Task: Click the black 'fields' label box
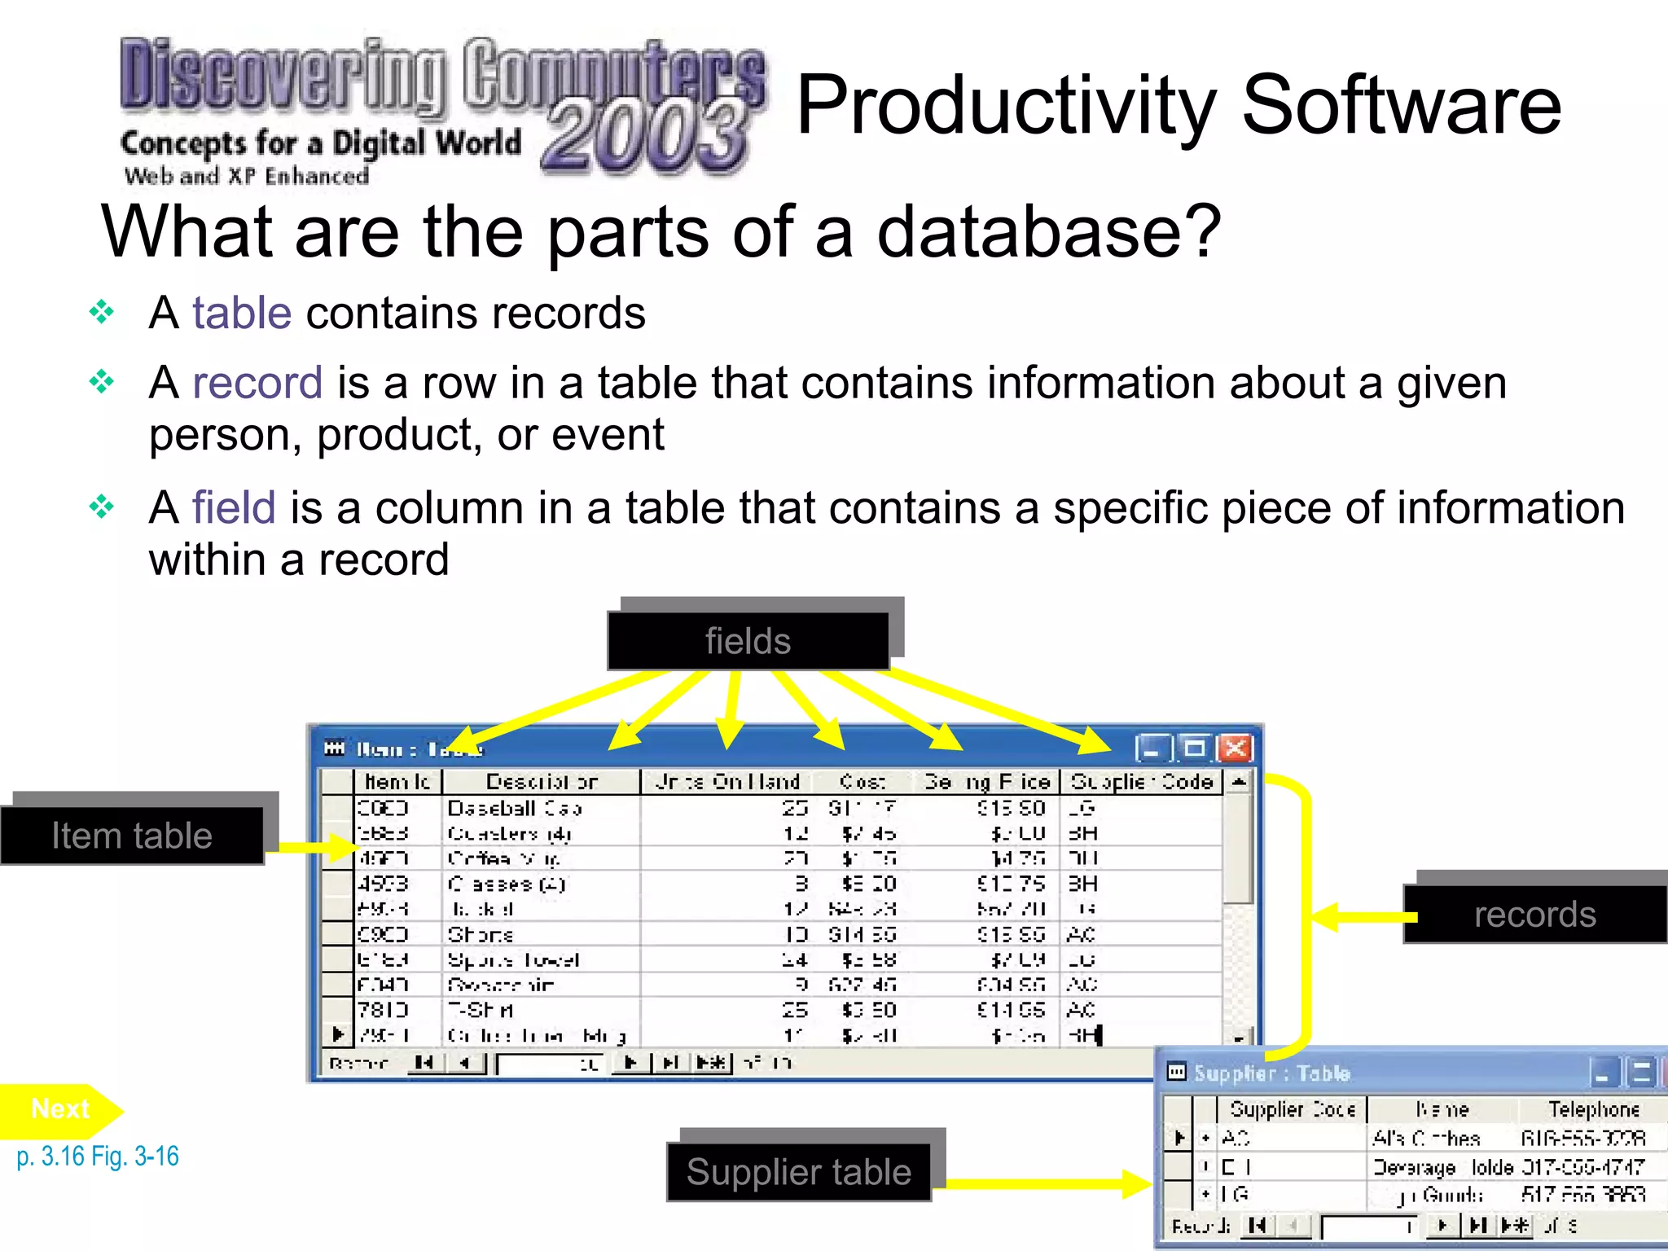click(748, 641)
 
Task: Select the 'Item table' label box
click(132, 836)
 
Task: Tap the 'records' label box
click(1534, 914)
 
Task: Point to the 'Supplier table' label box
click(798, 1172)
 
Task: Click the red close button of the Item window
click(1235, 748)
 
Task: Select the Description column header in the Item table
click(542, 782)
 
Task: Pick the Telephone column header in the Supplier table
click(1593, 1109)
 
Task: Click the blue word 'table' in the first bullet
click(242, 314)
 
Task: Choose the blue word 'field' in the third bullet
click(234, 508)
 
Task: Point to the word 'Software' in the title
click(1401, 106)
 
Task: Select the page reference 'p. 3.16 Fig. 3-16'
click(98, 1156)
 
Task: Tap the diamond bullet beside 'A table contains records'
click(102, 312)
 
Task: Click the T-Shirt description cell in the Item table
click(481, 1010)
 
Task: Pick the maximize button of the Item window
click(1195, 748)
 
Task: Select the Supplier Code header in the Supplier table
click(1292, 1109)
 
